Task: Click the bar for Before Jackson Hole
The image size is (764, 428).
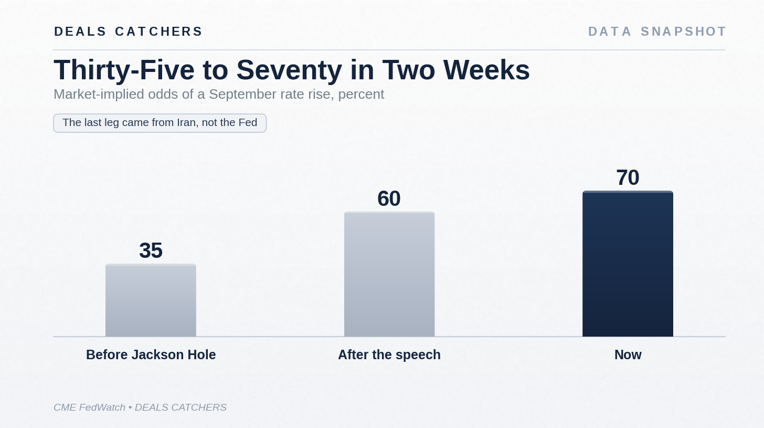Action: coord(151,300)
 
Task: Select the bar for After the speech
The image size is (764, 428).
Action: coord(389,274)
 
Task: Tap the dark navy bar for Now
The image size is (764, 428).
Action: coord(628,264)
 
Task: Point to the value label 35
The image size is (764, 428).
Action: coord(151,250)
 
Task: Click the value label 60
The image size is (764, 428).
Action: coord(389,199)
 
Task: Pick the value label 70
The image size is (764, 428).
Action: coord(628,178)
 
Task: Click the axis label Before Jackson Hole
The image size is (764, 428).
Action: coord(151,355)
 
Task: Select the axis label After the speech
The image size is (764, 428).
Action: coord(389,355)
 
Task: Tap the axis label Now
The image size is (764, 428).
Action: coord(628,355)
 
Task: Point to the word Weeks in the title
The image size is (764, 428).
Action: coord(486,70)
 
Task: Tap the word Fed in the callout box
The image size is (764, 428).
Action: coord(248,122)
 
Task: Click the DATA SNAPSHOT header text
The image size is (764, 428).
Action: coord(657,32)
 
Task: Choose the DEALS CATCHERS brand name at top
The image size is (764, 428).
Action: coord(128,32)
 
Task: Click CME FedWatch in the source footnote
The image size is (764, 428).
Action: coord(89,408)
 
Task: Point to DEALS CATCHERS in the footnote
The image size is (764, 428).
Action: coord(181,408)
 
